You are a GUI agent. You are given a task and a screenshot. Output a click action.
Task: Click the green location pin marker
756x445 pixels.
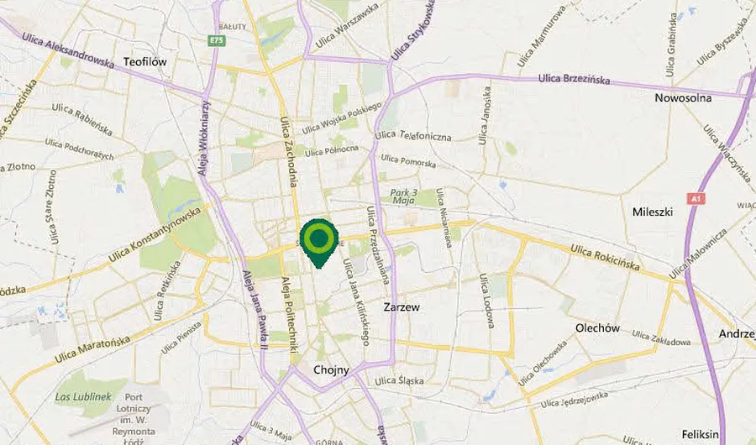tap(319, 240)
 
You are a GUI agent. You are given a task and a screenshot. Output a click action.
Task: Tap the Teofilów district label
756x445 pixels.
tap(146, 62)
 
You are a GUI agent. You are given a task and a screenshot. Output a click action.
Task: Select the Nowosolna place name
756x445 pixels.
tap(683, 97)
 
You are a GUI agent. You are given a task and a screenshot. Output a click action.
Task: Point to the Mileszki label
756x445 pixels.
tap(653, 212)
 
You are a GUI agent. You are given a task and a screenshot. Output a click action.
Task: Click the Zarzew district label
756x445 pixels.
tap(401, 307)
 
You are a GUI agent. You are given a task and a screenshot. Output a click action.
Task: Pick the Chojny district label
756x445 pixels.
tap(330, 369)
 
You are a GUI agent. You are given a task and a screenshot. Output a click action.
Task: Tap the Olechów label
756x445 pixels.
tap(598, 327)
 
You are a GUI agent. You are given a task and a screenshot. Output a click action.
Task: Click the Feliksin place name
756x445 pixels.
tap(701, 434)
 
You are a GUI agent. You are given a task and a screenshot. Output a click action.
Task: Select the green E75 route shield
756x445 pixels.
tap(219, 39)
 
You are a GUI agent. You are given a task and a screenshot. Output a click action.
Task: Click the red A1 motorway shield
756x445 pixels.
tap(694, 199)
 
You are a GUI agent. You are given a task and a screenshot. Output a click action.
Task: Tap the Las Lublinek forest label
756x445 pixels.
tap(76, 395)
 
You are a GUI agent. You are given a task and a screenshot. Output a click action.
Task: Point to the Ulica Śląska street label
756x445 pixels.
tap(400, 381)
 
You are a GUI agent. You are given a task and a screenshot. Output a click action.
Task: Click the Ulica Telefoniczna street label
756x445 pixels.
tap(413, 136)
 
